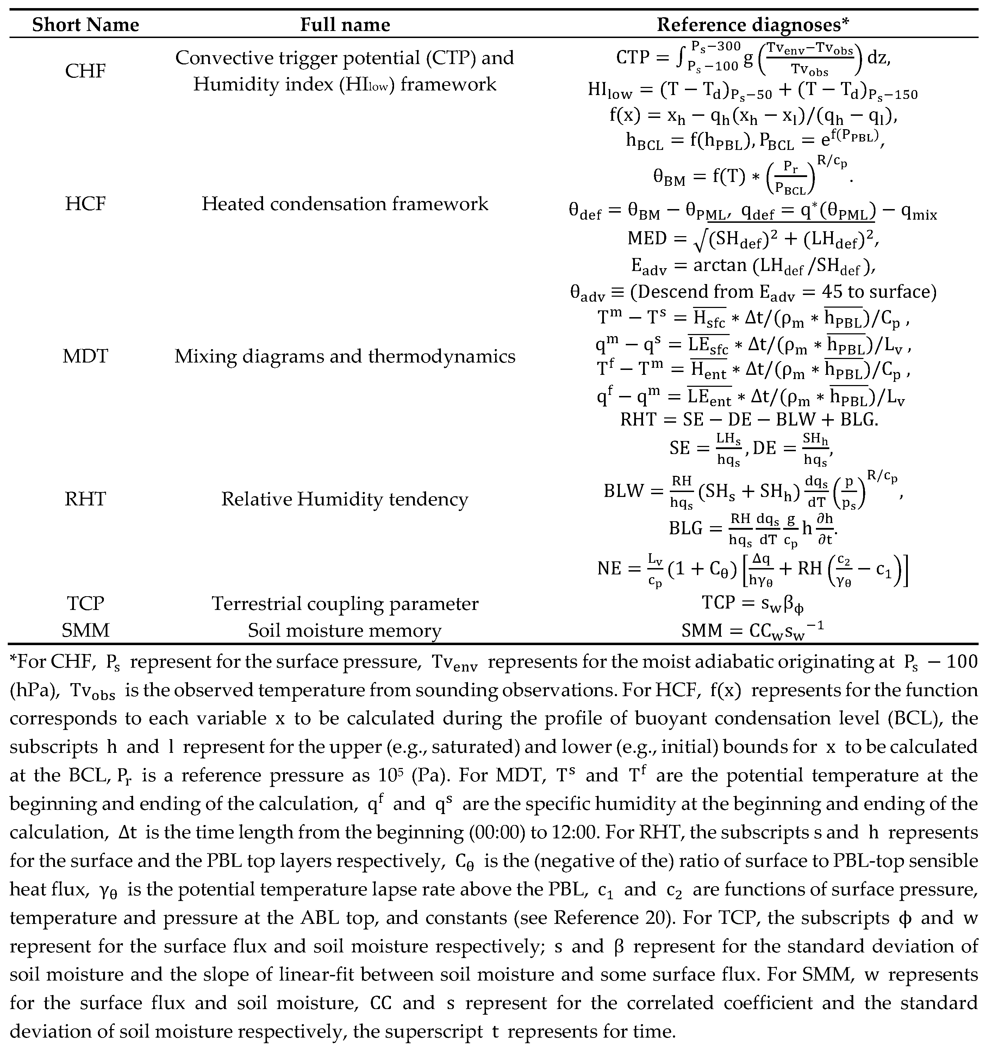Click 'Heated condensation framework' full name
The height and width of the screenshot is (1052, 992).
click(345, 204)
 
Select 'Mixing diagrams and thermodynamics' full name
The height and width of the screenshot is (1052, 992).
click(345, 357)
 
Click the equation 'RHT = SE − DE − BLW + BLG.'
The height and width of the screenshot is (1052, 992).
click(749, 420)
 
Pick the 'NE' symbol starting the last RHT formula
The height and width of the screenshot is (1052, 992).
click(609, 569)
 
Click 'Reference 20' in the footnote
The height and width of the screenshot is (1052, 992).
click(609, 917)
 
